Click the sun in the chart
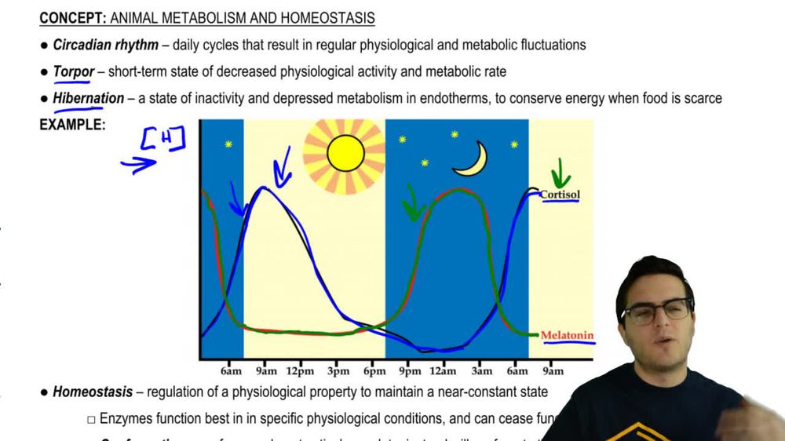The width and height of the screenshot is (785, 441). [345, 153]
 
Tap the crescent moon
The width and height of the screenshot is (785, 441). [472, 160]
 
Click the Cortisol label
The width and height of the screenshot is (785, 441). [560, 195]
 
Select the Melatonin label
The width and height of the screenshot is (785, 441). [567, 336]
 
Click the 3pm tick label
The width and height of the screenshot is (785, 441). [338, 371]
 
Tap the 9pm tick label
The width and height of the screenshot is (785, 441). [409, 371]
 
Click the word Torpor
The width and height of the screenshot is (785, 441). [74, 72]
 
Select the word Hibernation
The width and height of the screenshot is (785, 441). [88, 99]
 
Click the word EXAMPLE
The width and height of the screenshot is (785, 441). [72, 124]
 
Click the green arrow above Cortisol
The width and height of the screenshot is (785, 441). [560, 173]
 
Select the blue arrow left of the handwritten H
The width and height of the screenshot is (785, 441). [138, 164]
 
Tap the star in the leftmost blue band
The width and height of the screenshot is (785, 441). [228, 144]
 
